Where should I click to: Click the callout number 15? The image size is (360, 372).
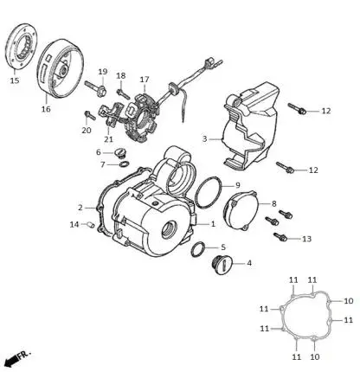point(15,80)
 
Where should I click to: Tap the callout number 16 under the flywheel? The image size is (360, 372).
point(46,109)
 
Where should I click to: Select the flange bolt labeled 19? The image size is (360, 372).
point(96,87)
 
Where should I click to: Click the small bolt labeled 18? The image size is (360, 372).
point(123,93)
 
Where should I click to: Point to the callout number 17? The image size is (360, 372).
point(145,80)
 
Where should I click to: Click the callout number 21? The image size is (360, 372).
point(109,139)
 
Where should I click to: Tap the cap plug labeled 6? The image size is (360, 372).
point(119,153)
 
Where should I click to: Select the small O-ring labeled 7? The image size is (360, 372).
point(124,164)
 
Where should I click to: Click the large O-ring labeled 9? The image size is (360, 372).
point(209,192)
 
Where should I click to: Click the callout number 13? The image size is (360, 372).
point(306,239)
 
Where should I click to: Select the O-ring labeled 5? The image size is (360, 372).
point(198,249)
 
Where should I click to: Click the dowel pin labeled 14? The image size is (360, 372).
point(90,224)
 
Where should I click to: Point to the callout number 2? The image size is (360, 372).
point(80,208)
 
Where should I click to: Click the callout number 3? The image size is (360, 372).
point(204,138)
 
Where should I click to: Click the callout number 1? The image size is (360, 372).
point(213,223)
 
